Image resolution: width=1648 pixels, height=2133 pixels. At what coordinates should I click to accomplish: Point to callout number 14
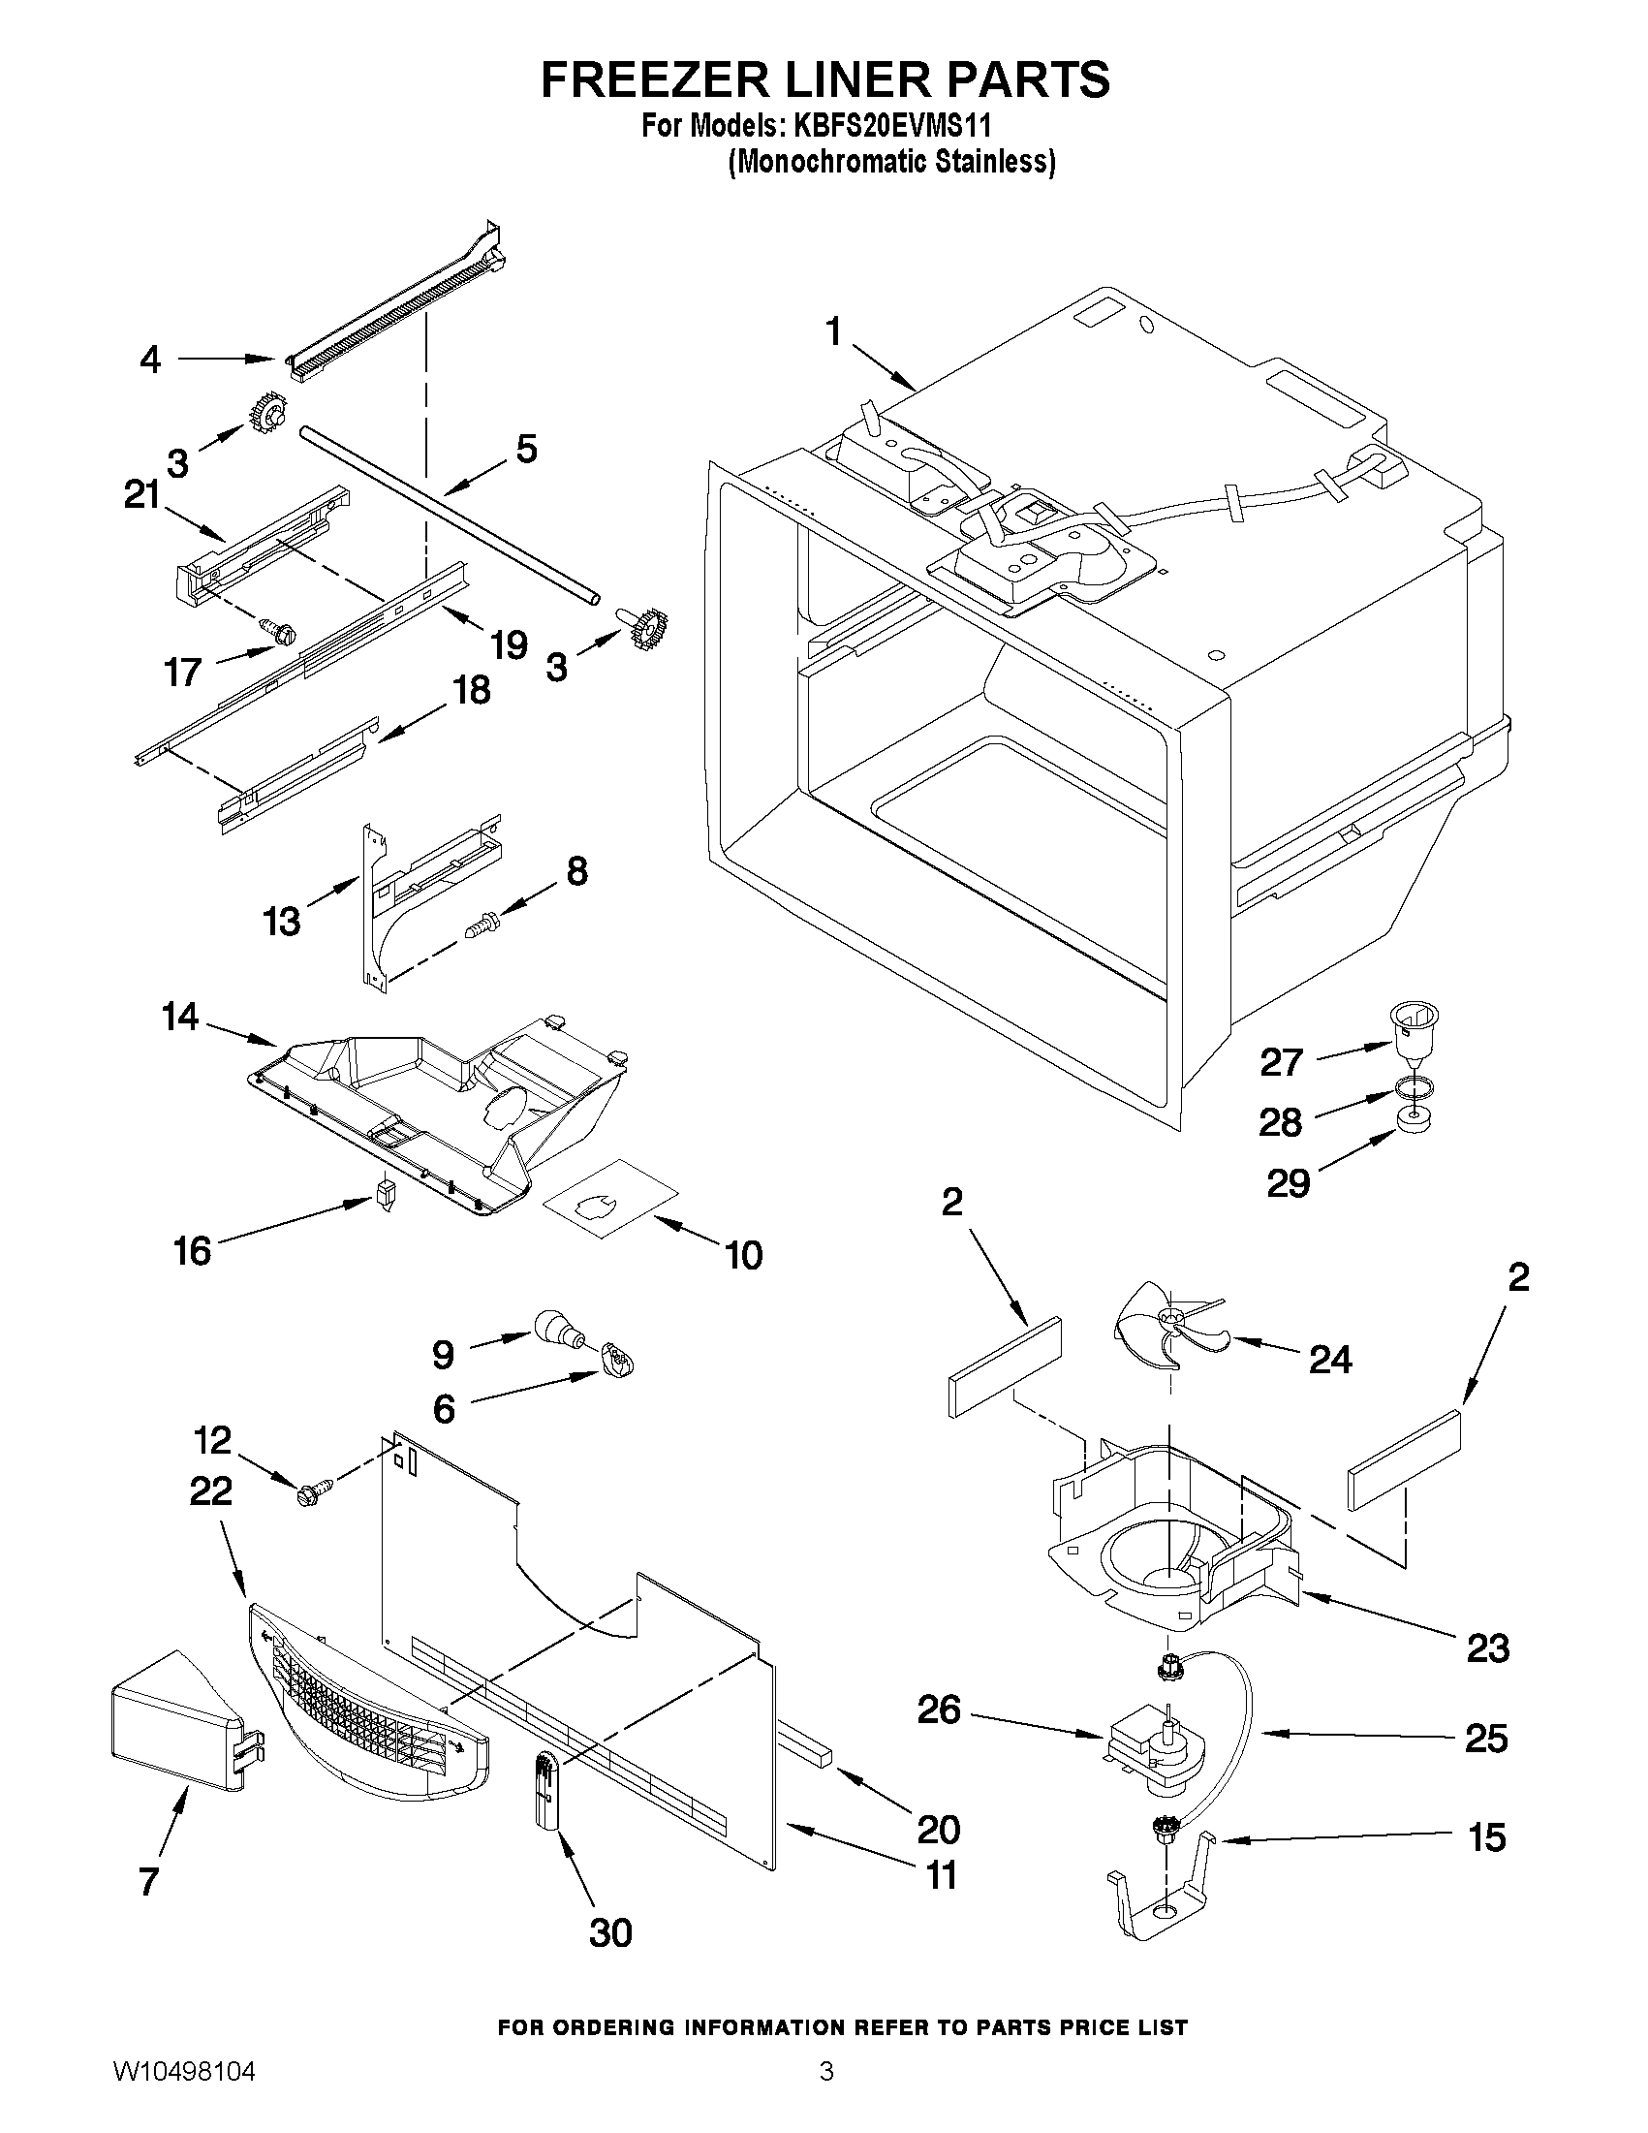point(180,1018)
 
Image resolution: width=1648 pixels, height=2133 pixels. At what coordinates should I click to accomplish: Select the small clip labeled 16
point(385,1194)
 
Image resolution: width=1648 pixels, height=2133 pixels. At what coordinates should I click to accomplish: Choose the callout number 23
point(1487,1648)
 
